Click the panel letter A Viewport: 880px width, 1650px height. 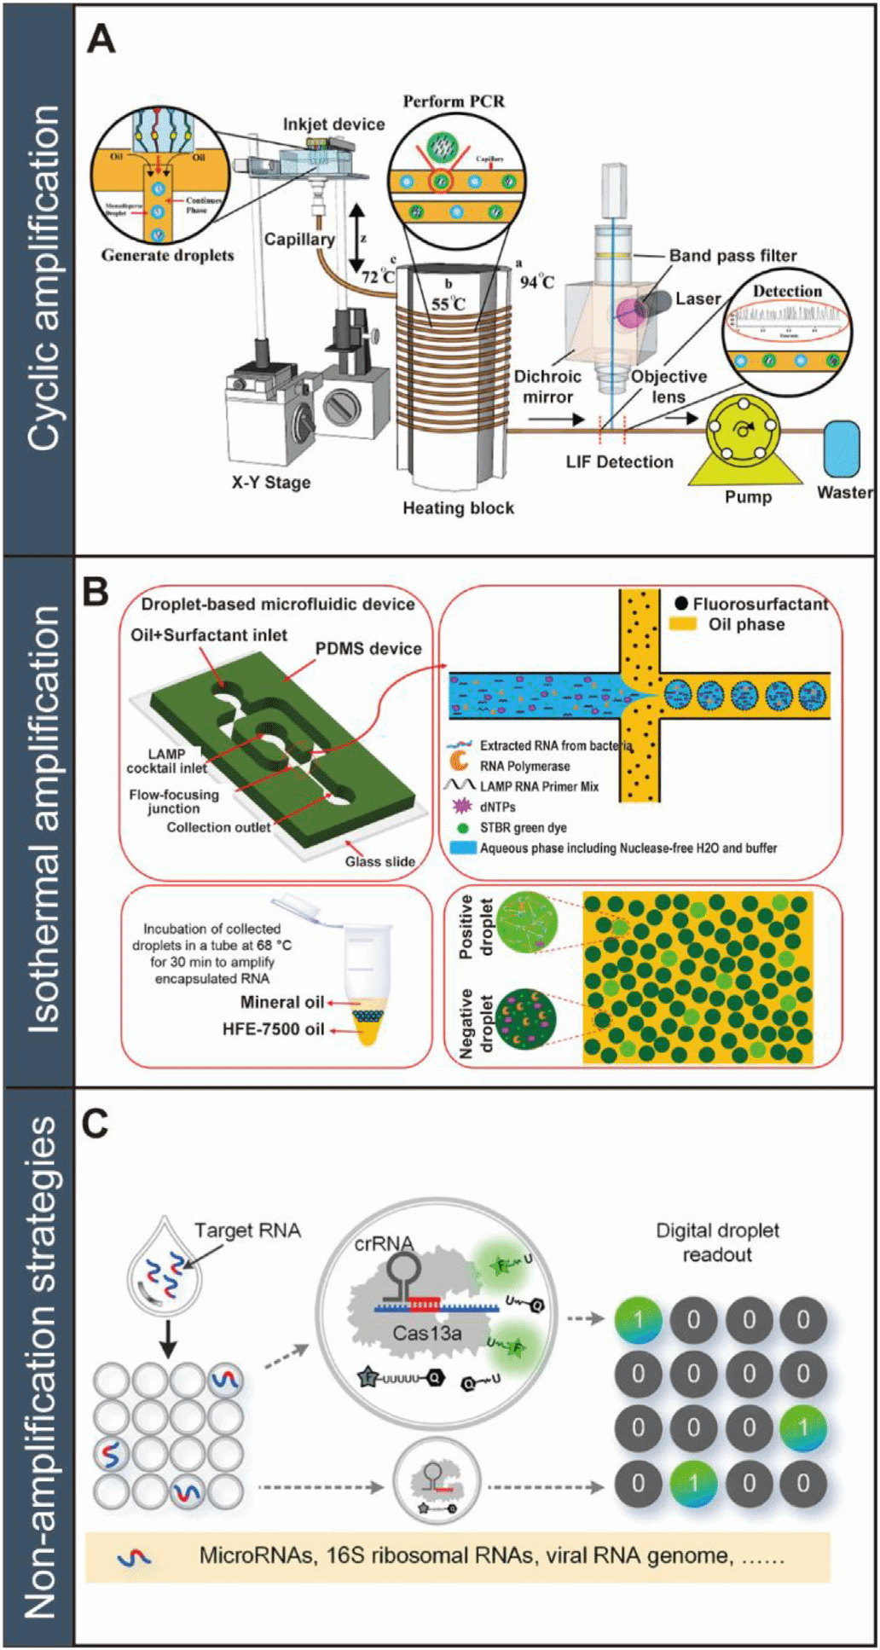101,40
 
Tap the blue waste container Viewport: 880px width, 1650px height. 841,449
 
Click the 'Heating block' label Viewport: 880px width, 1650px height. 458,508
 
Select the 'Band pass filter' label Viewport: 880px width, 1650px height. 732,255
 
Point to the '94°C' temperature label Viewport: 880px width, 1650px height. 536,281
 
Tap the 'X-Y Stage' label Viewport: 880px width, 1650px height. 271,483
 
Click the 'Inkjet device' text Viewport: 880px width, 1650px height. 333,124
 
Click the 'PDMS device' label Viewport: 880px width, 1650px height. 368,649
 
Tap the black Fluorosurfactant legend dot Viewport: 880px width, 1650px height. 680,604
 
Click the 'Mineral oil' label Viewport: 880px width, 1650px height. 281,1002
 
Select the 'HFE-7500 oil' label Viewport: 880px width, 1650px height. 273,1029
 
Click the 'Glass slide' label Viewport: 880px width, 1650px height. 379,861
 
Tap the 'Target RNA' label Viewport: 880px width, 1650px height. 247,1230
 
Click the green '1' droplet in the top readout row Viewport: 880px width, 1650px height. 638,1319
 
